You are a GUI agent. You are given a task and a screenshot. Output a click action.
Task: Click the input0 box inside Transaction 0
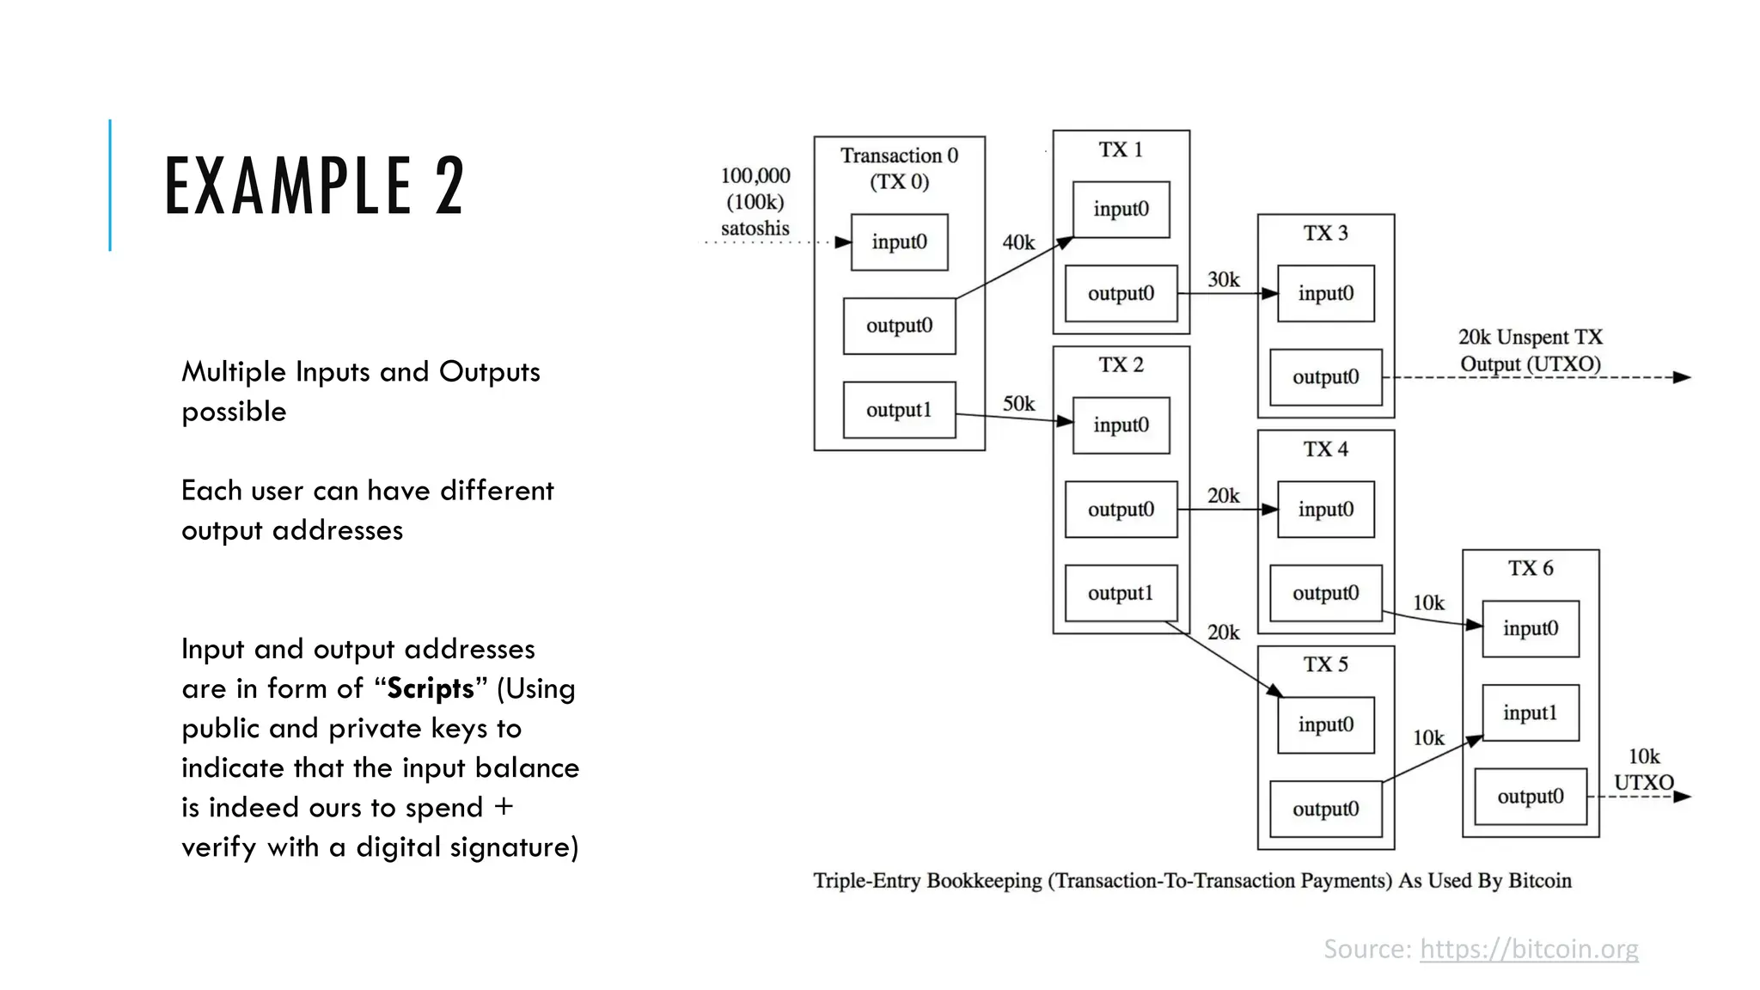click(x=899, y=242)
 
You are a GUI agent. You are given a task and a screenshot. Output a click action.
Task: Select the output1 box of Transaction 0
click(x=899, y=410)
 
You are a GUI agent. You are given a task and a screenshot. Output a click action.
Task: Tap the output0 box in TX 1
click(x=1121, y=293)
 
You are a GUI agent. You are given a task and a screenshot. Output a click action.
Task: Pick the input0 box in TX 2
click(x=1121, y=425)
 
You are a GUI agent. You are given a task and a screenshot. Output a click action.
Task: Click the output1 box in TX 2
click(x=1121, y=593)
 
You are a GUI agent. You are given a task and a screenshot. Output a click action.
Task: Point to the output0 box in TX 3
click(x=1325, y=377)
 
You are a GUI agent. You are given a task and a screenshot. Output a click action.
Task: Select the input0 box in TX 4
click(x=1325, y=510)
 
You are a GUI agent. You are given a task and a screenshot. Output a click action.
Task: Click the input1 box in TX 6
click(x=1530, y=712)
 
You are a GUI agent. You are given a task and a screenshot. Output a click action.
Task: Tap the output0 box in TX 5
click(x=1325, y=809)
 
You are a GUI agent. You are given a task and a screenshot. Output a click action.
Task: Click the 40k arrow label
click(x=1018, y=243)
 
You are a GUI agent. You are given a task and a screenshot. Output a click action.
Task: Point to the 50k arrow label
click(x=1018, y=404)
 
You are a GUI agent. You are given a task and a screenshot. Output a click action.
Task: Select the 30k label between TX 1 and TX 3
click(x=1223, y=279)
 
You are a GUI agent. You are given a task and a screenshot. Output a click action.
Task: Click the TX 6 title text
click(x=1531, y=568)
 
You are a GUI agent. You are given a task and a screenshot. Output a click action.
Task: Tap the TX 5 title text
click(x=1325, y=664)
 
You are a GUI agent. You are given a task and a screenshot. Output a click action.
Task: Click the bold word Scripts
click(x=431, y=688)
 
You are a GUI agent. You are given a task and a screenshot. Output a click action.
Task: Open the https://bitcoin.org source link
click(x=1529, y=949)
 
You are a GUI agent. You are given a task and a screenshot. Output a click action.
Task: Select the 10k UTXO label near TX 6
click(x=1643, y=769)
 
